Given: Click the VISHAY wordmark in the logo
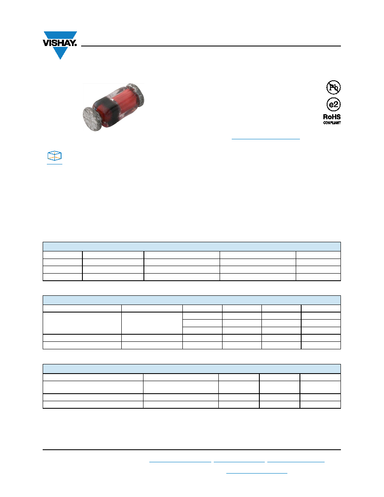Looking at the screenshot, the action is pyautogui.click(x=59, y=43).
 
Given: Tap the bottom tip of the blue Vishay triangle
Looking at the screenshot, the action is pyautogui.click(x=60, y=59).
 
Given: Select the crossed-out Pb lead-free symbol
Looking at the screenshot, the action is pyautogui.click(x=333, y=87).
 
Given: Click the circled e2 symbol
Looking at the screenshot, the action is pyautogui.click(x=333, y=104).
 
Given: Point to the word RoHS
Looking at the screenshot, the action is pyautogui.click(x=332, y=117).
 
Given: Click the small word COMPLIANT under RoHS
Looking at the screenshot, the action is pyautogui.click(x=332, y=123).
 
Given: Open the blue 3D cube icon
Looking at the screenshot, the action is pyautogui.click(x=54, y=156).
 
